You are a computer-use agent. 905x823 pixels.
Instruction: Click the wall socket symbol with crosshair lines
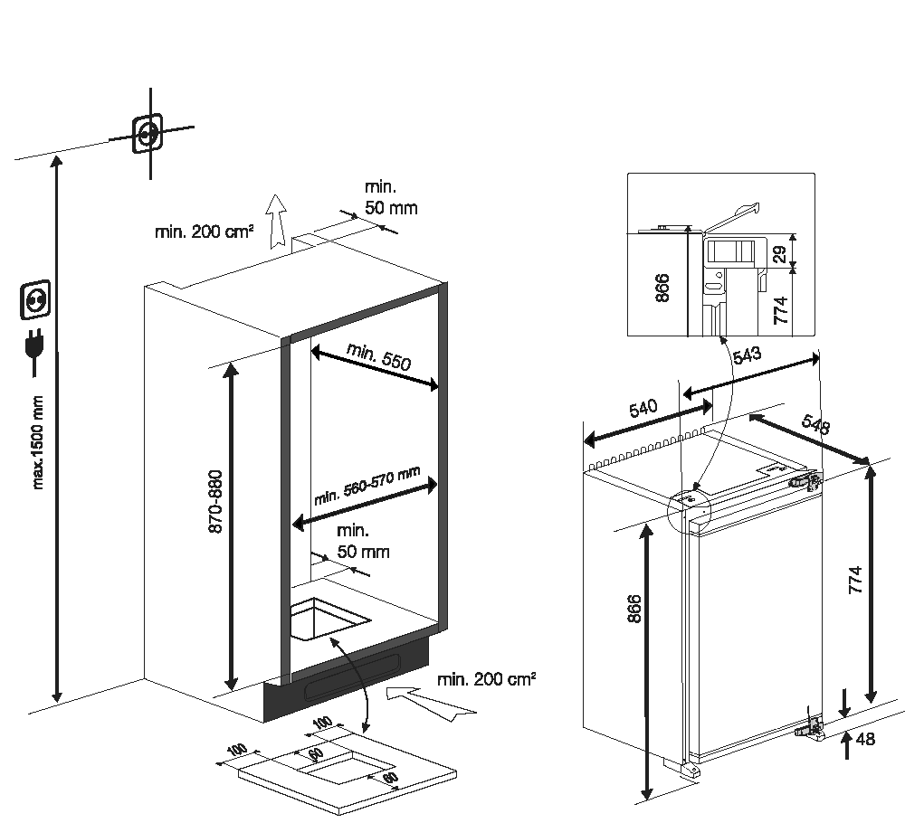point(148,135)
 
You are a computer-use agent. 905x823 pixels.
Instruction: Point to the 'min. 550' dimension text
point(379,356)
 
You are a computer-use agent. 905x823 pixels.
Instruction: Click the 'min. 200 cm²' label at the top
point(204,232)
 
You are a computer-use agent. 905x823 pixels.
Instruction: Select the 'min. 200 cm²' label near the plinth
point(485,678)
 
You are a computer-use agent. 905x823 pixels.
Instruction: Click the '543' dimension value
point(748,356)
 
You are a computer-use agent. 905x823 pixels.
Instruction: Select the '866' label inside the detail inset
point(662,287)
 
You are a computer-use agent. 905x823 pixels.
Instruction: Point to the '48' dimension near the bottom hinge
point(865,739)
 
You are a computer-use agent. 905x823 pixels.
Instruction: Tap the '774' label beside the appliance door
point(853,579)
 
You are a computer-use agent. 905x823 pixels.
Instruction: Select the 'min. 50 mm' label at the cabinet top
point(391,196)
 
